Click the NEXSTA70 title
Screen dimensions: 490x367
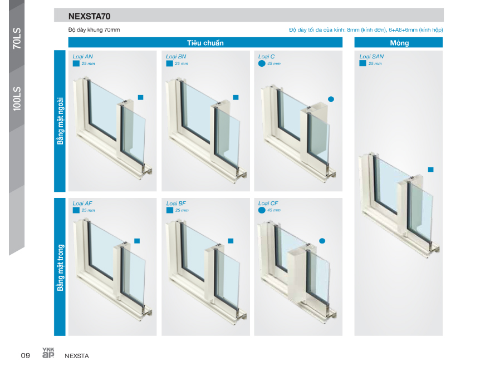pos(90,16)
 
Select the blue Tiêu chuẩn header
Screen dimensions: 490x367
pos(205,42)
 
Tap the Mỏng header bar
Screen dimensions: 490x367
pos(399,42)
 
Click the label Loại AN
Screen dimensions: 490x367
pos(82,57)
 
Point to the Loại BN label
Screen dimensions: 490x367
pos(176,57)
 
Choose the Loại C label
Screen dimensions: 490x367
pos(266,57)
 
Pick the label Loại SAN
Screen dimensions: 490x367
pos(371,57)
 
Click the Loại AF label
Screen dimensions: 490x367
pos(82,204)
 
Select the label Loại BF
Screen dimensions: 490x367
pos(176,204)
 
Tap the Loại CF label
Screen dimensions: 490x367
pos(268,204)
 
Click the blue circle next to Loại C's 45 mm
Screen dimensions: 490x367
pos(262,63)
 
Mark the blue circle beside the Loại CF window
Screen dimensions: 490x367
pos(322,241)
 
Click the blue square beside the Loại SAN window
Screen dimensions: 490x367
pos(430,170)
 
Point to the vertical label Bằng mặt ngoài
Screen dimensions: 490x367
pos(60,121)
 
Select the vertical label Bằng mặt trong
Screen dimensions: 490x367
pos(60,268)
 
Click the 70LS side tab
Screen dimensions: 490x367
pos(17,38)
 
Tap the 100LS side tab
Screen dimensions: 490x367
pos(17,98)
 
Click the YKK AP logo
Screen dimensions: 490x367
pos(48,353)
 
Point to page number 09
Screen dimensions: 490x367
pos(25,355)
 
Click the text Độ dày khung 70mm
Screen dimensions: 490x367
pos(94,30)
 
